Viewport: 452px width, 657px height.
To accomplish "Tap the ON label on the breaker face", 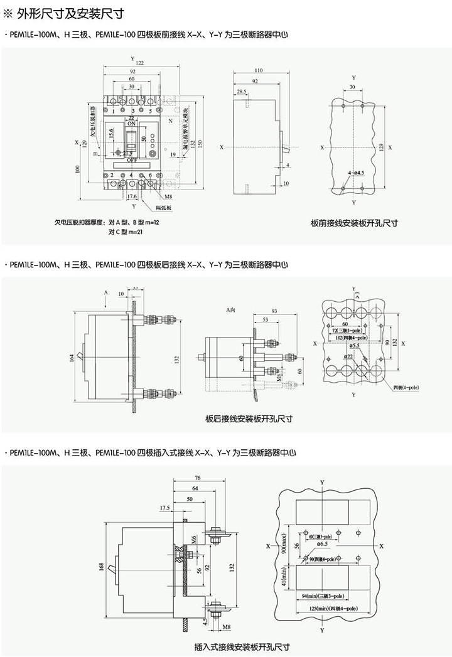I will pyautogui.click(x=132, y=124).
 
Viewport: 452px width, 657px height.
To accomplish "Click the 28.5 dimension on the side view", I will pyautogui.click(x=241, y=92).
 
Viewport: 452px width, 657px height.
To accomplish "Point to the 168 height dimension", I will pyautogui.click(x=102, y=567).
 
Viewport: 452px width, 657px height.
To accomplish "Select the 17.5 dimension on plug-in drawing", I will pyautogui.click(x=165, y=507).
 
